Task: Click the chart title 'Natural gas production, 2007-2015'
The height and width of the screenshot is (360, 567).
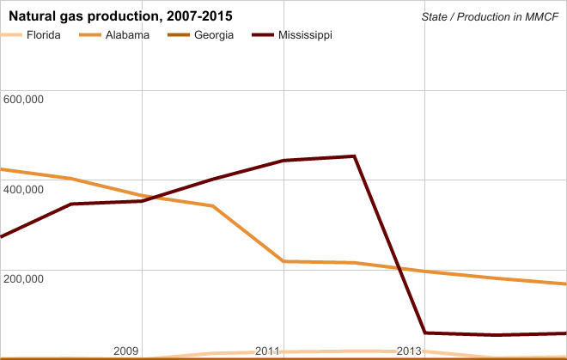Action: [x=119, y=16]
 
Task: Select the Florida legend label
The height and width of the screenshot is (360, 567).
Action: [x=44, y=35]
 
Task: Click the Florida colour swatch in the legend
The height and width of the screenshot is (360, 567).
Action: [x=12, y=35]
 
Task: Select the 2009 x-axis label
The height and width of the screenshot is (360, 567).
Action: [x=125, y=351]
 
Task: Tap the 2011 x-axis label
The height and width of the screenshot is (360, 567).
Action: [x=267, y=351]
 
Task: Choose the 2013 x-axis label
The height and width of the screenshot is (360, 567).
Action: [x=409, y=351]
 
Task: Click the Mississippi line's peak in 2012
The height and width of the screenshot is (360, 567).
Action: [x=354, y=156]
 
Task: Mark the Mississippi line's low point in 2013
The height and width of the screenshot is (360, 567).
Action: [x=425, y=333]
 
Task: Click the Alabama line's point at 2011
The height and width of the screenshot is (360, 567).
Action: [x=283, y=261]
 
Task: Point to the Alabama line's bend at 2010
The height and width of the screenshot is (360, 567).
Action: [x=212, y=206]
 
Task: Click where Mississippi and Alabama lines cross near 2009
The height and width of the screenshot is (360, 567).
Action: [x=146, y=198]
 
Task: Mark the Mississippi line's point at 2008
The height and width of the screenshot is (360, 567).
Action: [x=71, y=204]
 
